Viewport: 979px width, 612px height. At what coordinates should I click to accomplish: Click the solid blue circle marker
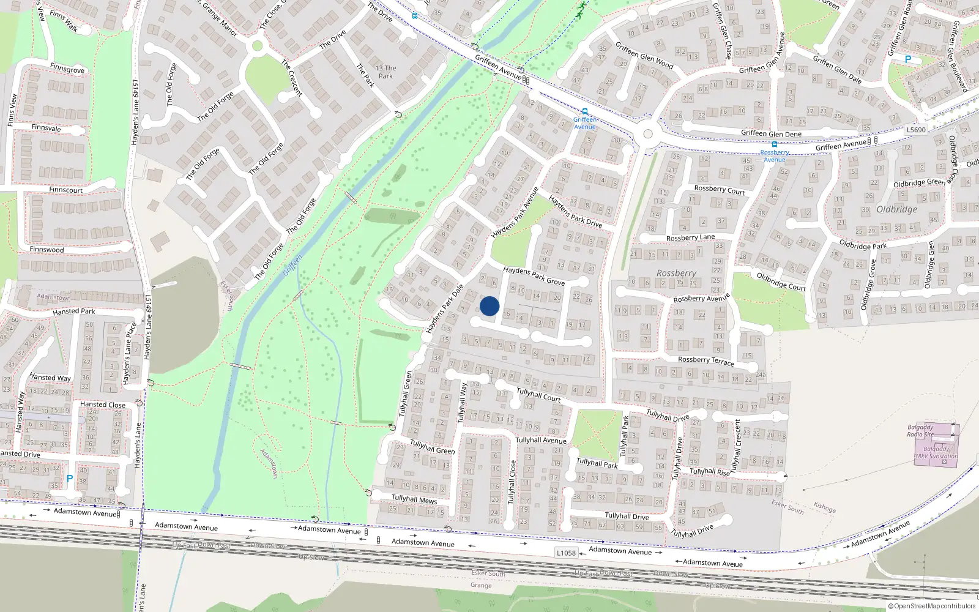coord(489,306)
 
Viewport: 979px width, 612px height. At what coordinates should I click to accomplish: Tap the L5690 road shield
coord(916,130)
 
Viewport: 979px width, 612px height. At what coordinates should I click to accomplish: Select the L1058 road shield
coord(566,553)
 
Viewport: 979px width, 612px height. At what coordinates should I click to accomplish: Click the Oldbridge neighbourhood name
coord(897,209)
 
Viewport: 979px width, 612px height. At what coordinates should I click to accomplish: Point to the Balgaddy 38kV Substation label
coord(936,452)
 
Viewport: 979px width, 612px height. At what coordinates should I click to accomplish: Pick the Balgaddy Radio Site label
coord(920,431)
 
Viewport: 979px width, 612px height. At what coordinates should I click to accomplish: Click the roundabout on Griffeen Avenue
coord(648,134)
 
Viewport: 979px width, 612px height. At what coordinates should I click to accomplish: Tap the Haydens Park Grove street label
coord(534,275)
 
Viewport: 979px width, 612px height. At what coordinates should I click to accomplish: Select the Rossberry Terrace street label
coord(705,360)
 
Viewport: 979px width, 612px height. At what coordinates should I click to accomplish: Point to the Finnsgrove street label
coord(67,70)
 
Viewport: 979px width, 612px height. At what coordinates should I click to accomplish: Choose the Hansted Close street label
coord(103,405)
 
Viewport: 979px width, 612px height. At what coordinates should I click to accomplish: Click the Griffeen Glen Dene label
coord(771,133)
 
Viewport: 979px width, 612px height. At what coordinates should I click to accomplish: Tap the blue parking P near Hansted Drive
coord(70,479)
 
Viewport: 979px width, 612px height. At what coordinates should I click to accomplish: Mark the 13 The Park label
coord(385,72)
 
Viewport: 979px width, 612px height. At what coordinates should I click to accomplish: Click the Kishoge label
coord(824,507)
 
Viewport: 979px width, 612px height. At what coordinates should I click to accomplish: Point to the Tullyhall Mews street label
coord(414,499)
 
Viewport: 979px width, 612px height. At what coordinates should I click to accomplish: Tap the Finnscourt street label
coord(65,190)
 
